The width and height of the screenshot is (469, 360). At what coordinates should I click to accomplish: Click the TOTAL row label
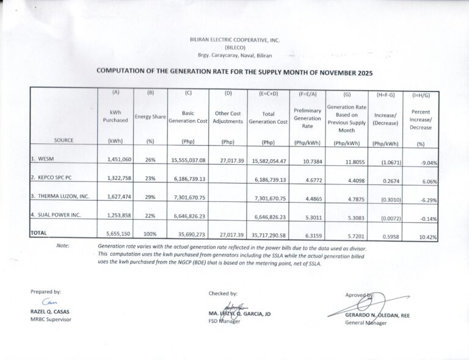pyautogui.click(x=40, y=233)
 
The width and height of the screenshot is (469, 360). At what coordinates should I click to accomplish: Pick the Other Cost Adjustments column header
pyautogui.click(x=228, y=117)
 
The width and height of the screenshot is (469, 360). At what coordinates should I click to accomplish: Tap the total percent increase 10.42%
pyautogui.click(x=425, y=236)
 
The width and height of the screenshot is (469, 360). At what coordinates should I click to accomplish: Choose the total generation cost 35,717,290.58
pyautogui.click(x=268, y=234)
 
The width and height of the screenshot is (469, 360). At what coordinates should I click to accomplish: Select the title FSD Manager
pyautogui.click(x=224, y=321)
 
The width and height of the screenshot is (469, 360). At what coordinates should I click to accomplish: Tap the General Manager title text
pyautogui.click(x=366, y=322)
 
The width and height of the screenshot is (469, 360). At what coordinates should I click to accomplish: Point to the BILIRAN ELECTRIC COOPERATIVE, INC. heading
pyautogui.click(x=235, y=40)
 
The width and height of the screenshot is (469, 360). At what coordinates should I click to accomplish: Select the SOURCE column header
pyautogui.click(x=64, y=140)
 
